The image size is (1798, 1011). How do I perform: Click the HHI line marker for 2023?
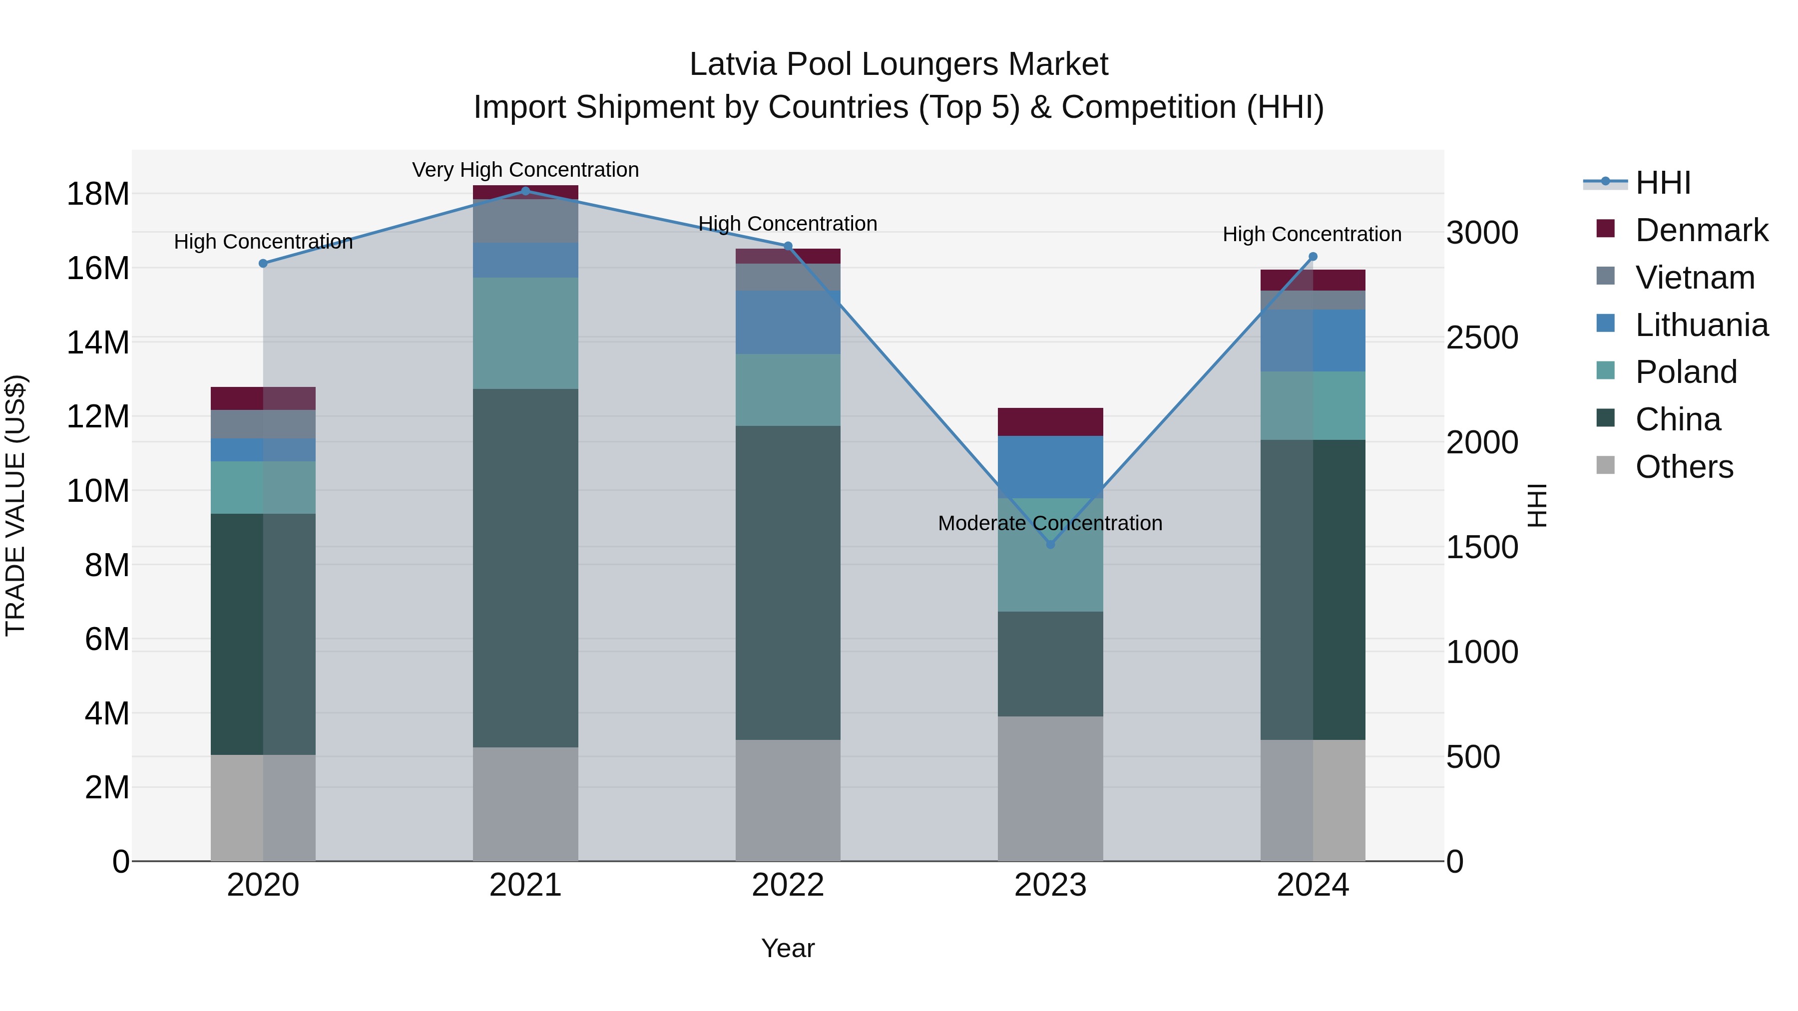pyautogui.click(x=1050, y=544)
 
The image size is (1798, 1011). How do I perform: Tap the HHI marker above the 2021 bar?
pyautogui.click(x=525, y=191)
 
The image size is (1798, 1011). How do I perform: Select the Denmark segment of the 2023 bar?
pyautogui.click(x=1050, y=421)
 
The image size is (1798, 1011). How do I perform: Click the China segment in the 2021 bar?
pyautogui.click(x=525, y=568)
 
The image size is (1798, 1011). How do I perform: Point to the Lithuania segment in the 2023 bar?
pyautogui.click(x=1050, y=466)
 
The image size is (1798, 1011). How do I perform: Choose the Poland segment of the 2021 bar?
pyautogui.click(x=525, y=333)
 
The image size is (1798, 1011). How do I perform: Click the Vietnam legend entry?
pyautogui.click(x=1694, y=278)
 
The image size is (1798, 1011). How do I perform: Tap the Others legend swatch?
pyautogui.click(x=1605, y=465)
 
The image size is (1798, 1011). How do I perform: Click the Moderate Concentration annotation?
pyautogui.click(x=1050, y=523)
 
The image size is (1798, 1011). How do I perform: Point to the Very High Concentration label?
pyautogui.click(x=525, y=170)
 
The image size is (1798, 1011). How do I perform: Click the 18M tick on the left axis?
pyautogui.click(x=98, y=194)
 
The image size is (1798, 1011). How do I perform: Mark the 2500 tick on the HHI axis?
pyautogui.click(x=1482, y=337)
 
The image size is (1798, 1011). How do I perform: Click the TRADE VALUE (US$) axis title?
pyautogui.click(x=16, y=505)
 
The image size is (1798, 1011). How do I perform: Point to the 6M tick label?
pyautogui.click(x=106, y=639)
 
